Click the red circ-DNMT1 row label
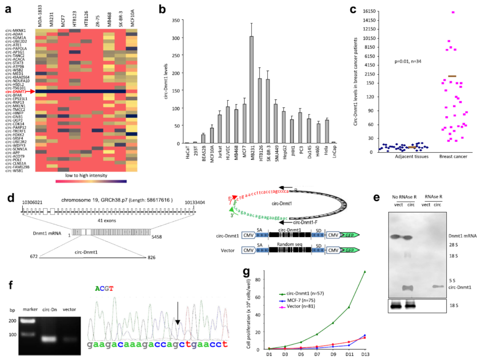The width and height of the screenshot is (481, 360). pos(20,91)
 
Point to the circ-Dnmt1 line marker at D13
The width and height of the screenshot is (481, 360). pos(365,271)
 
